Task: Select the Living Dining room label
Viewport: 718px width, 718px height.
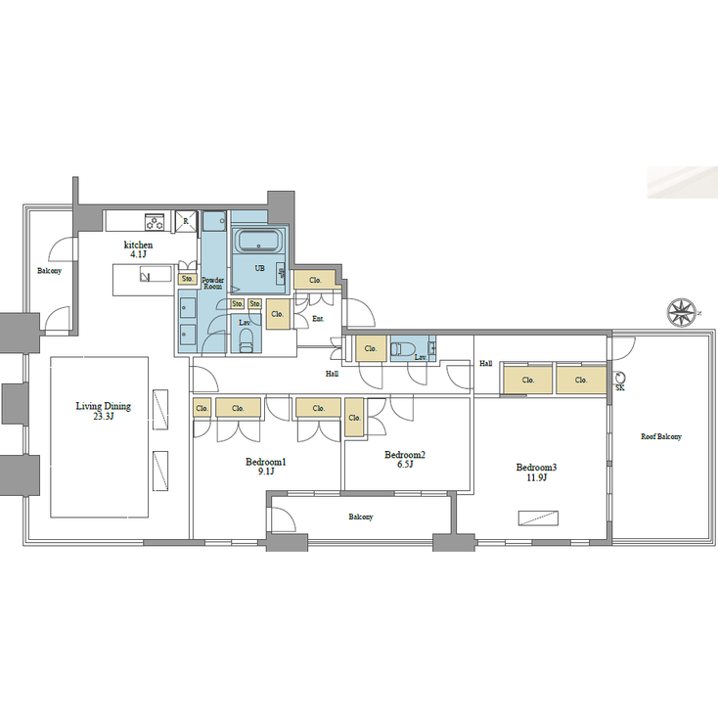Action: click(x=104, y=410)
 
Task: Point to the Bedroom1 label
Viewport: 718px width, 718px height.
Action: click(x=264, y=466)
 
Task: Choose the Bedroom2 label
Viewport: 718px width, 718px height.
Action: click(x=405, y=459)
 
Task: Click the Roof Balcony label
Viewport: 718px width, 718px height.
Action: click(x=661, y=437)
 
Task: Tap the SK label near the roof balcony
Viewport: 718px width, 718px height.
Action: click(x=619, y=388)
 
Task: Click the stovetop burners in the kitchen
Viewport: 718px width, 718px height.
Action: click(x=155, y=220)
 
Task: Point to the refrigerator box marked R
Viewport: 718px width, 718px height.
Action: click(x=185, y=221)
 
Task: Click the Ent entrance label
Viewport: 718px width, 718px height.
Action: click(x=317, y=319)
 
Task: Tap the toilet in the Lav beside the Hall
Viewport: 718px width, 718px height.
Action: click(x=403, y=349)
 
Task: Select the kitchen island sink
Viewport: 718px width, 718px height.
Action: click(x=144, y=277)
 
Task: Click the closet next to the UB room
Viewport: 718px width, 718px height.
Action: click(x=315, y=280)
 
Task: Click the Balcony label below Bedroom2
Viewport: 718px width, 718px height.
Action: click(x=361, y=516)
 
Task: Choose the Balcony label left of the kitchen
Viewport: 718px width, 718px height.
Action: click(x=49, y=271)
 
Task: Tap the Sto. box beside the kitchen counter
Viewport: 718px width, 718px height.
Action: click(x=187, y=280)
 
